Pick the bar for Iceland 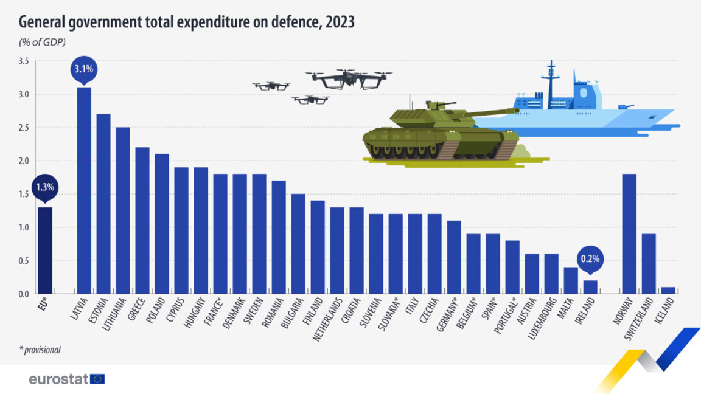point(668,291)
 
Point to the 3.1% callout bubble point(84,69)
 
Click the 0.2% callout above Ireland point(590,258)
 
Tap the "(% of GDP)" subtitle point(43,42)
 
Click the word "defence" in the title point(291,22)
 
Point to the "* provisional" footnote point(40,350)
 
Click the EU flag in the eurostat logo point(97,379)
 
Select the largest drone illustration point(349,78)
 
